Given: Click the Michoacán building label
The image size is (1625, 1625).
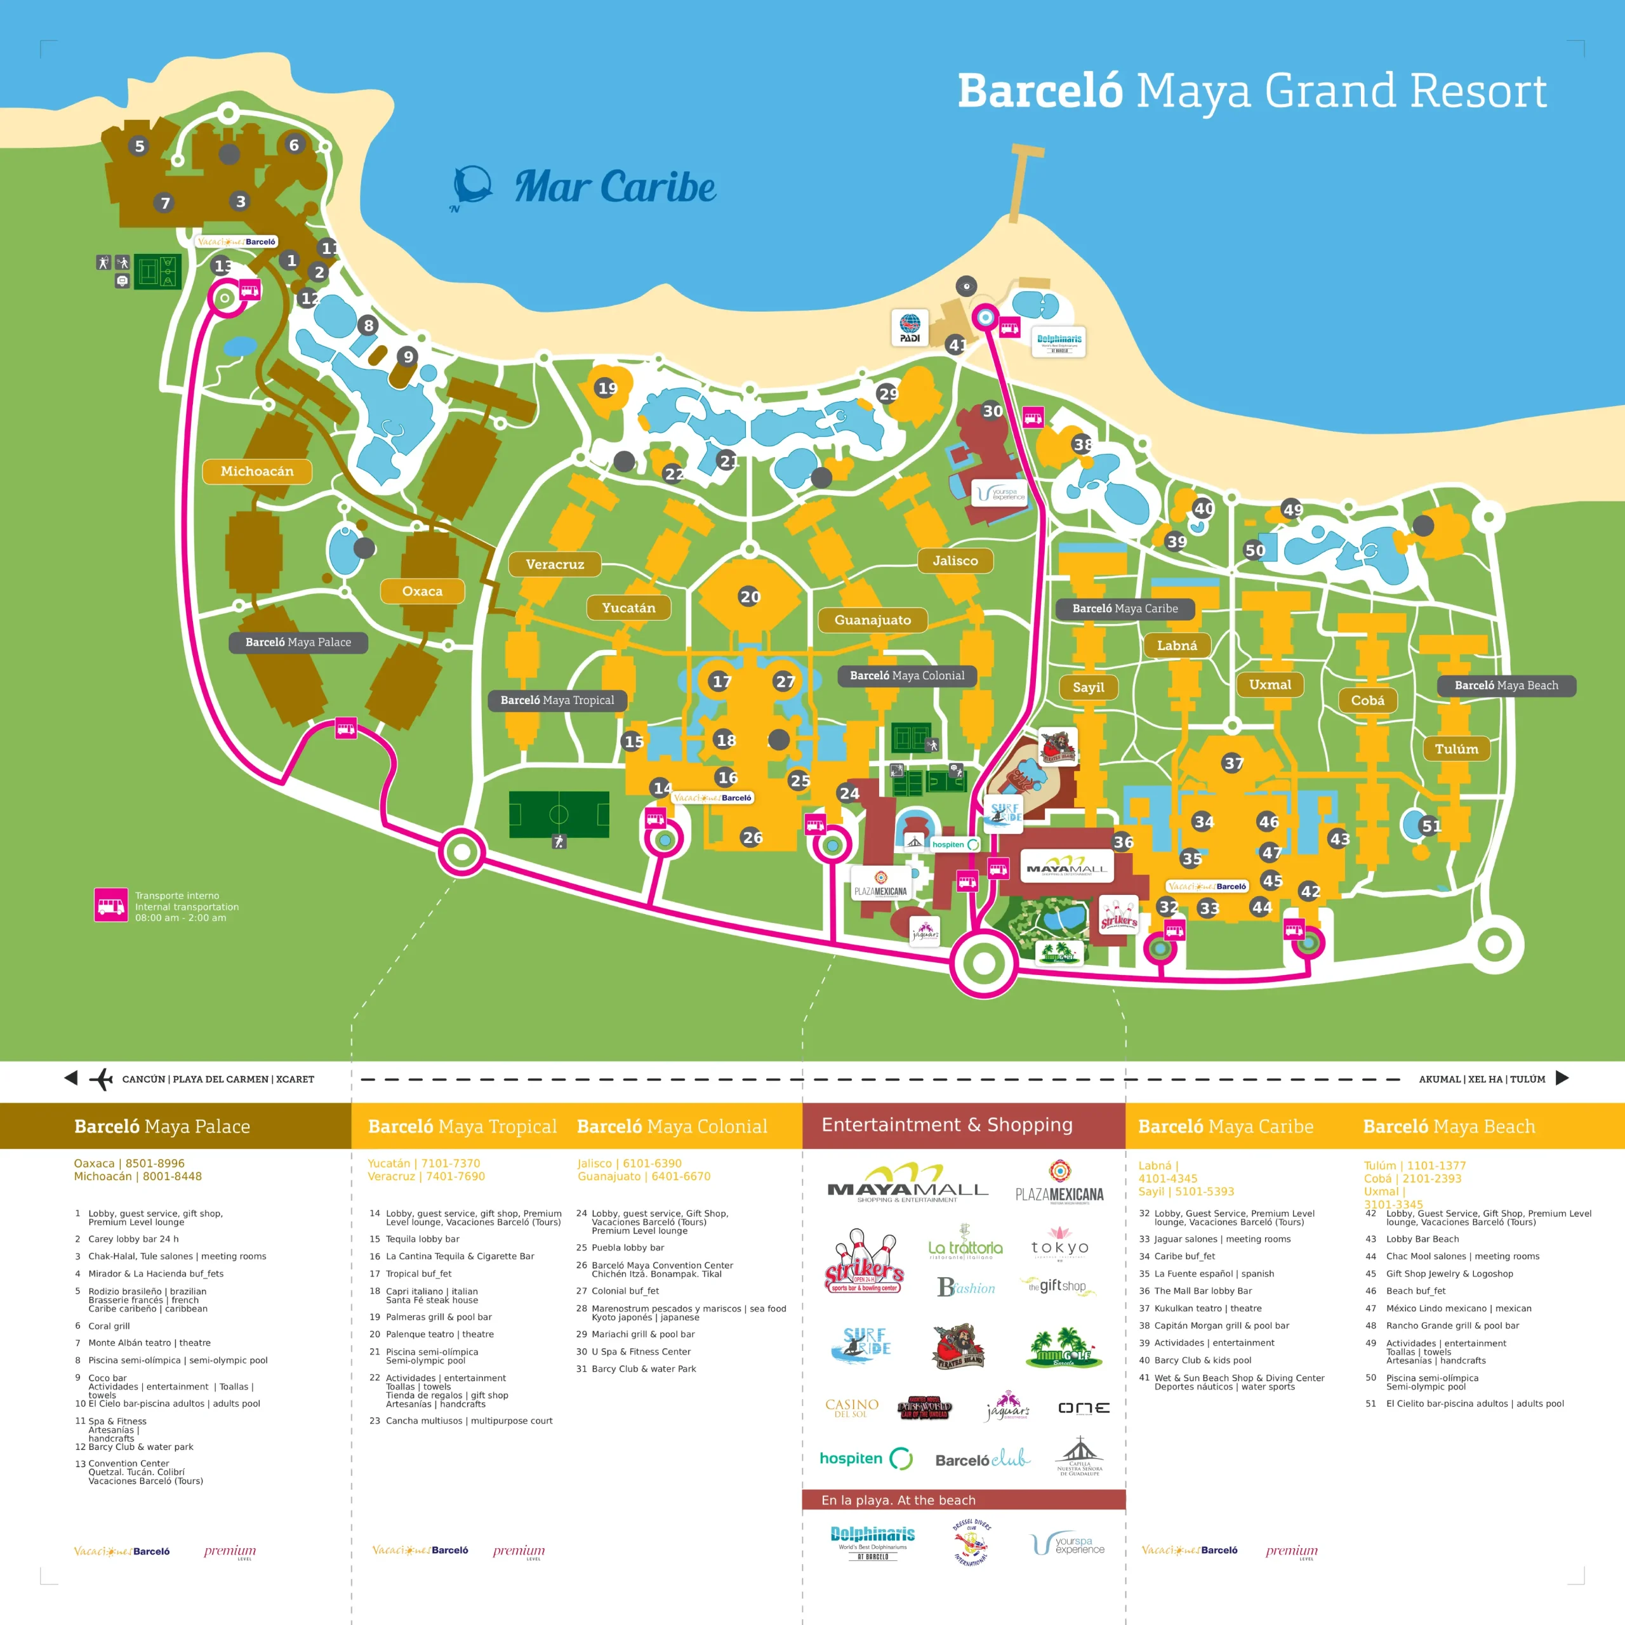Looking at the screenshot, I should point(256,471).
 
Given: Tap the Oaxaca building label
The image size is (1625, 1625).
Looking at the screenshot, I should point(422,592).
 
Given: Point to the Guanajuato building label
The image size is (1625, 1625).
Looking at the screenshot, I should point(872,620).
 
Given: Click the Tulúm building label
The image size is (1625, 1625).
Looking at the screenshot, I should point(1456,748).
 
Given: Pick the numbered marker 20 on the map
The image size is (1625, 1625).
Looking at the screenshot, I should point(750,596).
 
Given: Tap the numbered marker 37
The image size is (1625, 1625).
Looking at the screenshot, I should point(1233,763).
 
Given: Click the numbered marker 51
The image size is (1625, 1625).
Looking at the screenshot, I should point(1431,826).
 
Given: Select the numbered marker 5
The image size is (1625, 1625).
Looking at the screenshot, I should point(140,145).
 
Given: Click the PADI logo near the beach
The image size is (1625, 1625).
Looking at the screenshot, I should point(909,327).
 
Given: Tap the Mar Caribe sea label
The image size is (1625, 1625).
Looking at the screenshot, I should point(615,187).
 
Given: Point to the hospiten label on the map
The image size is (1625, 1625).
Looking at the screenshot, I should point(950,844).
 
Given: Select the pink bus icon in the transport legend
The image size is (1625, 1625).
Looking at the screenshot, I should point(111,905).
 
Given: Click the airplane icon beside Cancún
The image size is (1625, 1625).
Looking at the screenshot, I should point(101,1078).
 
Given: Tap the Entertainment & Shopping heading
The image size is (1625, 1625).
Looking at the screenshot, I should point(946,1125).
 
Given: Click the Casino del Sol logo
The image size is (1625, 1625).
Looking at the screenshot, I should point(851,1407).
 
